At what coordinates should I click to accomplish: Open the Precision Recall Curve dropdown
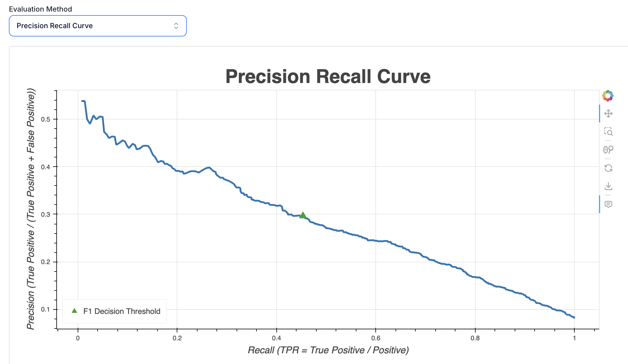(x=98, y=26)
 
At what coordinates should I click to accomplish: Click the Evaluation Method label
(x=40, y=9)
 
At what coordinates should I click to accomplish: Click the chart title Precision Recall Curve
(x=328, y=76)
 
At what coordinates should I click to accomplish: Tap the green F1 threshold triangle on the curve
(x=302, y=215)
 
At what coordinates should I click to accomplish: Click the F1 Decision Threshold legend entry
(x=122, y=311)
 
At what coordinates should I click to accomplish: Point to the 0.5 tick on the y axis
(x=45, y=119)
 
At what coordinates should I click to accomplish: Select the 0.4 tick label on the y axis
(x=45, y=167)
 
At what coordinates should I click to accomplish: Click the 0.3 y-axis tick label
(x=45, y=214)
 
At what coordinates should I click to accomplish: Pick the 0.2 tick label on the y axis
(x=45, y=262)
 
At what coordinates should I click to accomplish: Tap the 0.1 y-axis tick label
(x=45, y=309)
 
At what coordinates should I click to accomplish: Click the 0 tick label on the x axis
(x=78, y=338)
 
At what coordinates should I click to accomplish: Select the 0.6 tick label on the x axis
(x=376, y=338)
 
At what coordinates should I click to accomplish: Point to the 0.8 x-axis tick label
(x=475, y=338)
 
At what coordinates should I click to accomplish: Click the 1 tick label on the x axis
(x=574, y=338)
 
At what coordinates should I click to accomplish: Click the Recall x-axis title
(x=328, y=350)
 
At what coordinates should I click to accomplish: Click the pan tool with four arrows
(x=608, y=114)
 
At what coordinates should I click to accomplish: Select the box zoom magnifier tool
(x=608, y=132)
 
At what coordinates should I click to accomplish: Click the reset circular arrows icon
(x=608, y=168)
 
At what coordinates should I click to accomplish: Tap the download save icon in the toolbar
(x=608, y=186)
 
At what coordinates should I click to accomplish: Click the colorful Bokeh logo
(x=608, y=96)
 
